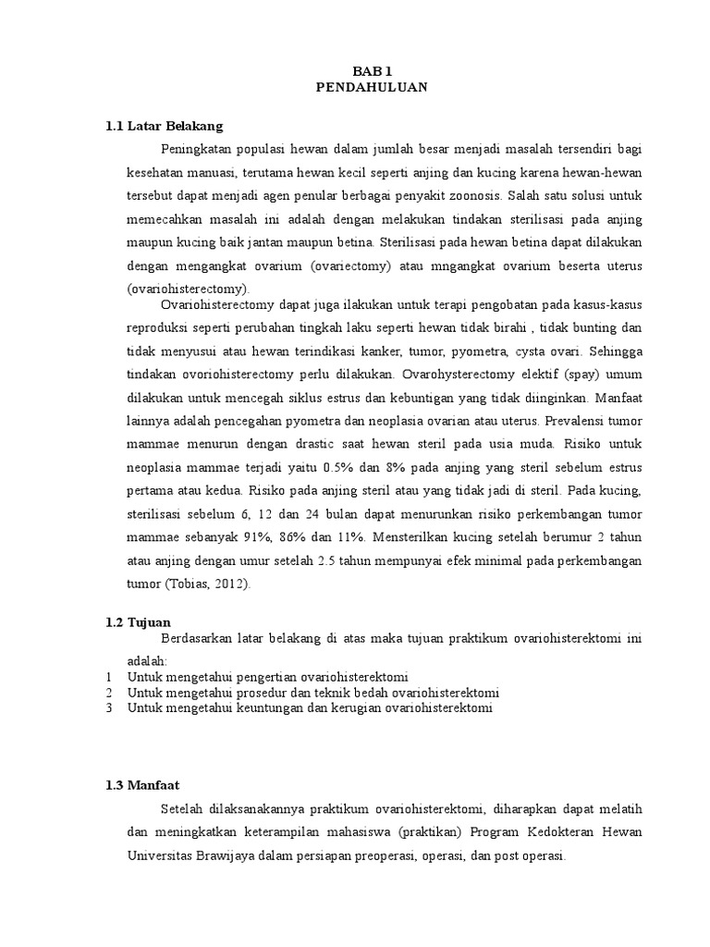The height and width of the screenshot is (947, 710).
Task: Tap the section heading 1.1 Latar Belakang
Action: (x=164, y=125)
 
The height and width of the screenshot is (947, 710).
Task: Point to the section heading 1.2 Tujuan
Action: (x=139, y=622)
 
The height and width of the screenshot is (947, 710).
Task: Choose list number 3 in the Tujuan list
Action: (x=108, y=708)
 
